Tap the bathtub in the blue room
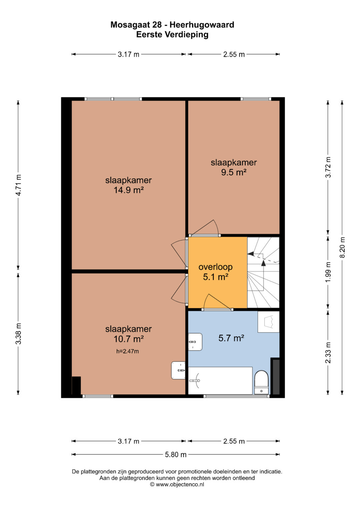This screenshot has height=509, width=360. click(x=220, y=381)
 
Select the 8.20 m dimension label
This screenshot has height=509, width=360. click(x=342, y=247)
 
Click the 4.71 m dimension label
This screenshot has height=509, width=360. click(x=18, y=185)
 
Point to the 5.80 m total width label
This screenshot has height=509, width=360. click(x=176, y=455)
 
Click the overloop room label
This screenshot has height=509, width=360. click(x=215, y=267)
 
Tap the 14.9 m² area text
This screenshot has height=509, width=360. click(x=129, y=190)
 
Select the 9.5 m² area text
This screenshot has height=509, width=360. click(x=234, y=172)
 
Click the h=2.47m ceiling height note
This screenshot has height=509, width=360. click(x=127, y=351)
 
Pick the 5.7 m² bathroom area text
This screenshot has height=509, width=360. click(x=231, y=338)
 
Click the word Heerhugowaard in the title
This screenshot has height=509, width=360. click(x=202, y=25)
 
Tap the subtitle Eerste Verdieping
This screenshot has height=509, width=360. click(x=172, y=35)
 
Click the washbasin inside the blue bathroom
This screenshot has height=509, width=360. click(x=195, y=342)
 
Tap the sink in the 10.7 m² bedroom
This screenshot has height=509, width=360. click(x=178, y=370)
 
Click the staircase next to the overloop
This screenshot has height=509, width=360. click(x=263, y=272)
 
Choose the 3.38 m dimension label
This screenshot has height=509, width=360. click(x=18, y=334)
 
